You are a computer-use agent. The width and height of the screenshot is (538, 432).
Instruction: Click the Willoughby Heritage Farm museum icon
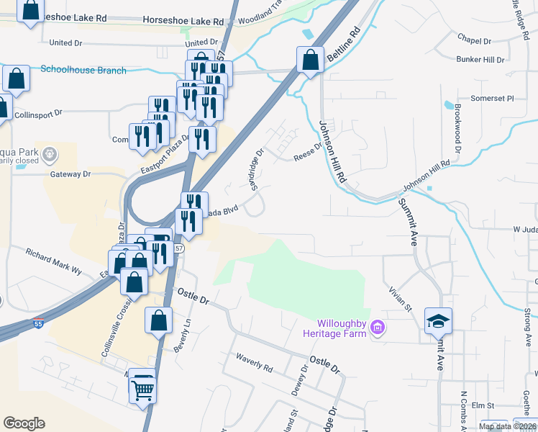point(377,330)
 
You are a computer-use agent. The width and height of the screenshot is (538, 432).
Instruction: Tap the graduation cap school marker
point(438,320)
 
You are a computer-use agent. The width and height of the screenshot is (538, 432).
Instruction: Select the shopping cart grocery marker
point(143,390)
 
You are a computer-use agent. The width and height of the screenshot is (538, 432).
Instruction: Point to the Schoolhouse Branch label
point(83,70)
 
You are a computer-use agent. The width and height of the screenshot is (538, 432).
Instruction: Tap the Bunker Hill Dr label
point(480,59)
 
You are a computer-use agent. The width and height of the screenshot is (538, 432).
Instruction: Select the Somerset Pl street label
point(493,98)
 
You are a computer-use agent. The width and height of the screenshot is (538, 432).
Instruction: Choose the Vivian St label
point(399,297)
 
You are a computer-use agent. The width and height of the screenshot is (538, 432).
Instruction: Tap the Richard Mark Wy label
point(54,261)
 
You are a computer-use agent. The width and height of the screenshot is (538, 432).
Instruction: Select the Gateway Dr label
point(70,174)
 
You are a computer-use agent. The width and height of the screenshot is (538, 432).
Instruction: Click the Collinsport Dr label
point(40,114)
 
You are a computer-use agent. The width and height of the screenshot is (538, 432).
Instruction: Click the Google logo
point(24,423)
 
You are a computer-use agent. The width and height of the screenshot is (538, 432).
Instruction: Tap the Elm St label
point(480,406)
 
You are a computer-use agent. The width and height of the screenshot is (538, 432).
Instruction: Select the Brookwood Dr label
point(457,127)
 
